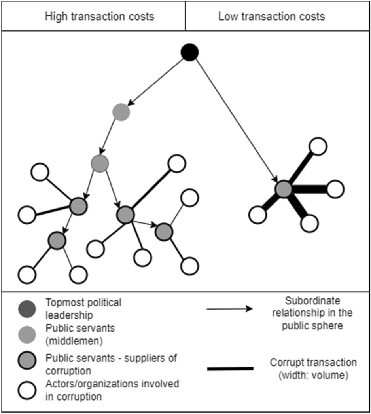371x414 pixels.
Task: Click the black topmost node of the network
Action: (189, 53)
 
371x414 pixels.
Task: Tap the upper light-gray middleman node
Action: (121, 112)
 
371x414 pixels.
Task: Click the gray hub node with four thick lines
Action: (284, 189)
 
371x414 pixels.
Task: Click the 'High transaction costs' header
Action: (99, 17)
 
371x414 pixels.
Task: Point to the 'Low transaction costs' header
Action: (271, 17)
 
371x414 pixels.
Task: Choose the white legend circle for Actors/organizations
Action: (27, 389)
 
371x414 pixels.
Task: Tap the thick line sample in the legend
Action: (230, 368)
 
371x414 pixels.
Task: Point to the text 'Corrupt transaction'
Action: (313, 363)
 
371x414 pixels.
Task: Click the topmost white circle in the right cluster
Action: (318, 146)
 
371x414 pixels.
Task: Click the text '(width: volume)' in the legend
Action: (313, 374)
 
